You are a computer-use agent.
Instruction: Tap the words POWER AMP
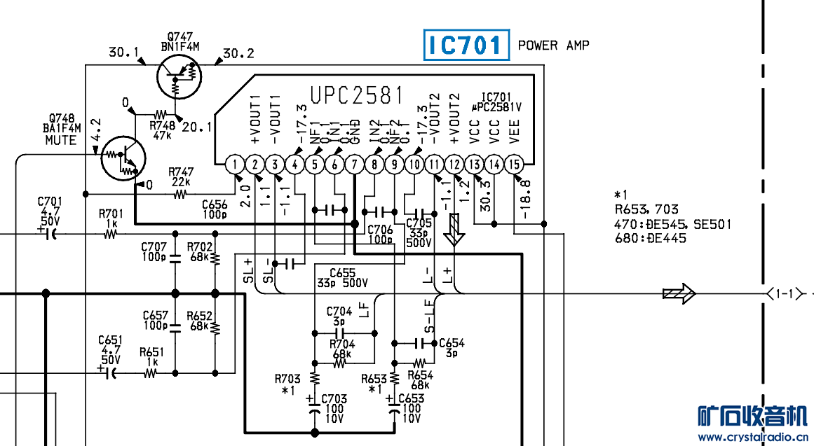coord(553,46)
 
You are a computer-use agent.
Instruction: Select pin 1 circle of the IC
coord(235,165)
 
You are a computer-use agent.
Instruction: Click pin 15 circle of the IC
coord(515,165)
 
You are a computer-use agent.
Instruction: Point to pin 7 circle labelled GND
coord(355,165)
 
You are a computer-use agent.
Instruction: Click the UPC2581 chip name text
coord(358,95)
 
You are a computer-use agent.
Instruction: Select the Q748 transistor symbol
coord(121,157)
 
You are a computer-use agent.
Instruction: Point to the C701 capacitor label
coord(50,201)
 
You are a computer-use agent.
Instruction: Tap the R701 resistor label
coord(111,214)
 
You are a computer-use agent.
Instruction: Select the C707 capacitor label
coord(154,247)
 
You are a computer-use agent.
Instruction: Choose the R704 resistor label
coord(342,344)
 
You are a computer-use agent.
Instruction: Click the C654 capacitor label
coord(452,343)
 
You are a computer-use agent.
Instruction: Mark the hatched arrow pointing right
coord(679,293)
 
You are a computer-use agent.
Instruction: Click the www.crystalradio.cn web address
coord(751,438)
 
